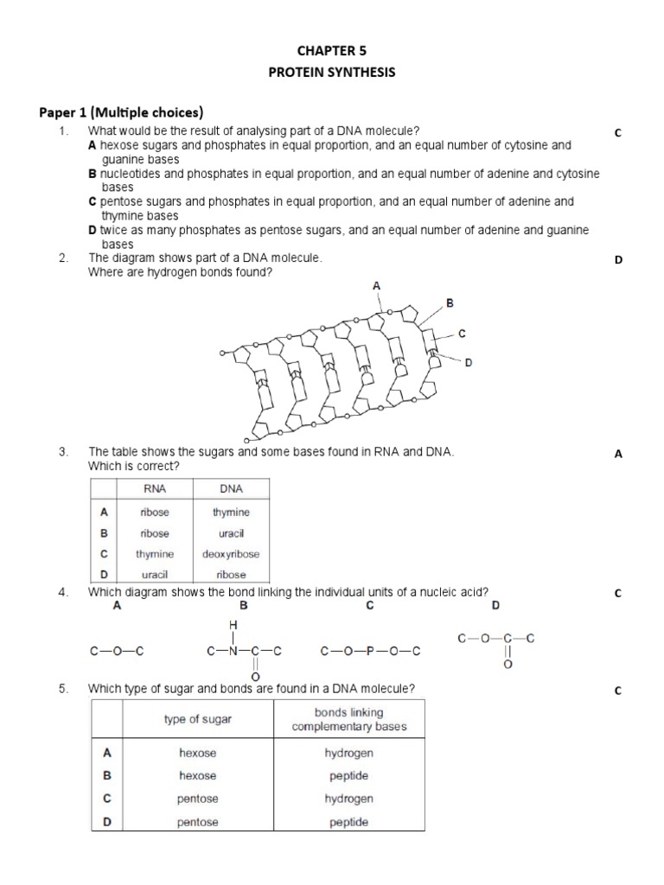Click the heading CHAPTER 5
(x=332, y=50)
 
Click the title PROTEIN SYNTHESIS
(x=332, y=73)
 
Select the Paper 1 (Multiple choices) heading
(x=121, y=111)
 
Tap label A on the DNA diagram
(x=376, y=284)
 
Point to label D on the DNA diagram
(x=469, y=363)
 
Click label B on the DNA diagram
(x=449, y=302)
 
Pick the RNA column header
(x=155, y=488)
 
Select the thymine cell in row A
(x=231, y=513)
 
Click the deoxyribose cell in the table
(x=231, y=554)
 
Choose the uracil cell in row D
(x=155, y=575)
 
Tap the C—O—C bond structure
(x=116, y=651)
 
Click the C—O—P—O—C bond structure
(x=370, y=651)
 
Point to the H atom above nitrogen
(x=232, y=623)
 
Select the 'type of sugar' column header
(x=198, y=719)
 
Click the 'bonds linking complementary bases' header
(x=348, y=719)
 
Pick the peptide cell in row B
(x=348, y=776)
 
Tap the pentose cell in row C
(x=198, y=799)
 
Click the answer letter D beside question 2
(x=618, y=260)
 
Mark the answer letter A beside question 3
(x=618, y=455)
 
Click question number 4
(x=63, y=592)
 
